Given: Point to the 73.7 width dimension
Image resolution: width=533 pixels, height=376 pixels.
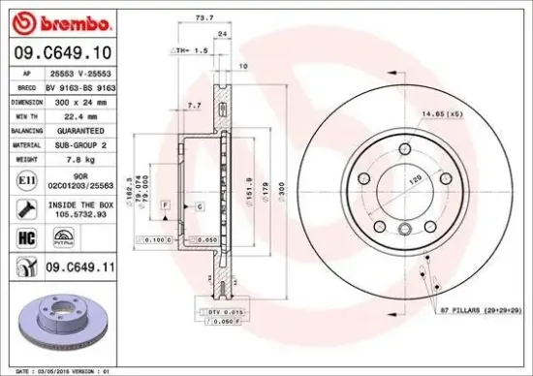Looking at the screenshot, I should coord(203,17).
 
